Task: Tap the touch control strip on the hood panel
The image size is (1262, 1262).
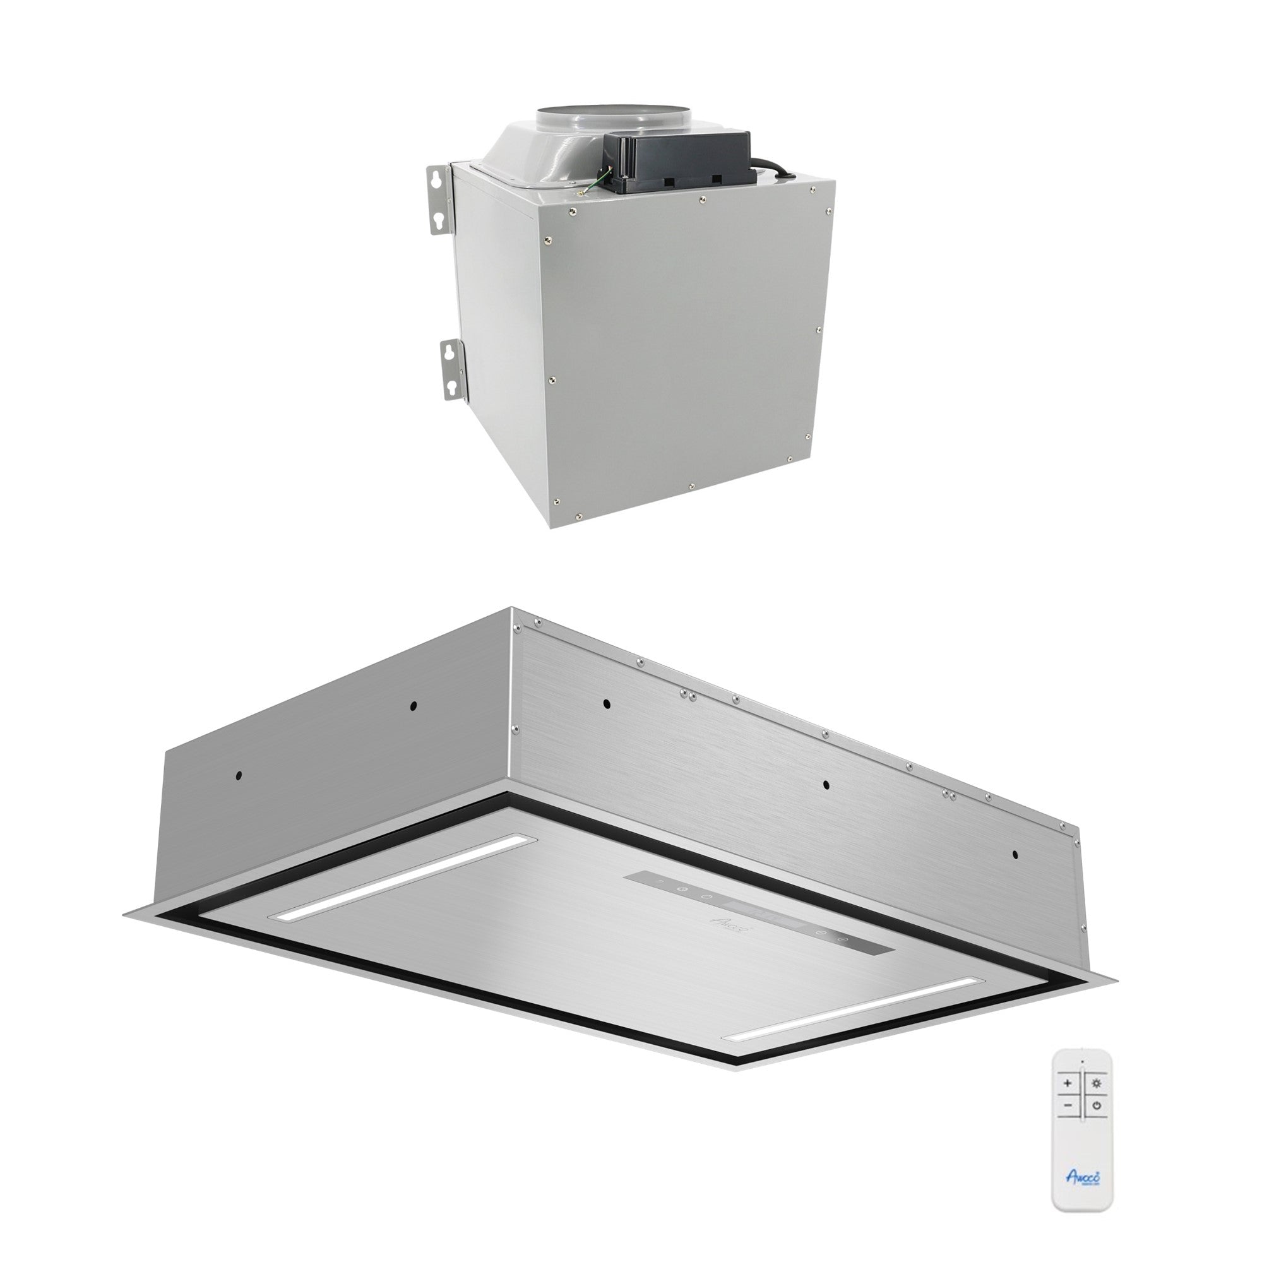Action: point(735,915)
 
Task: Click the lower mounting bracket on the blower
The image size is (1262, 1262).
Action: point(451,370)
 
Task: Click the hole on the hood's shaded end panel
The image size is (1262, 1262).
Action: point(240,775)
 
